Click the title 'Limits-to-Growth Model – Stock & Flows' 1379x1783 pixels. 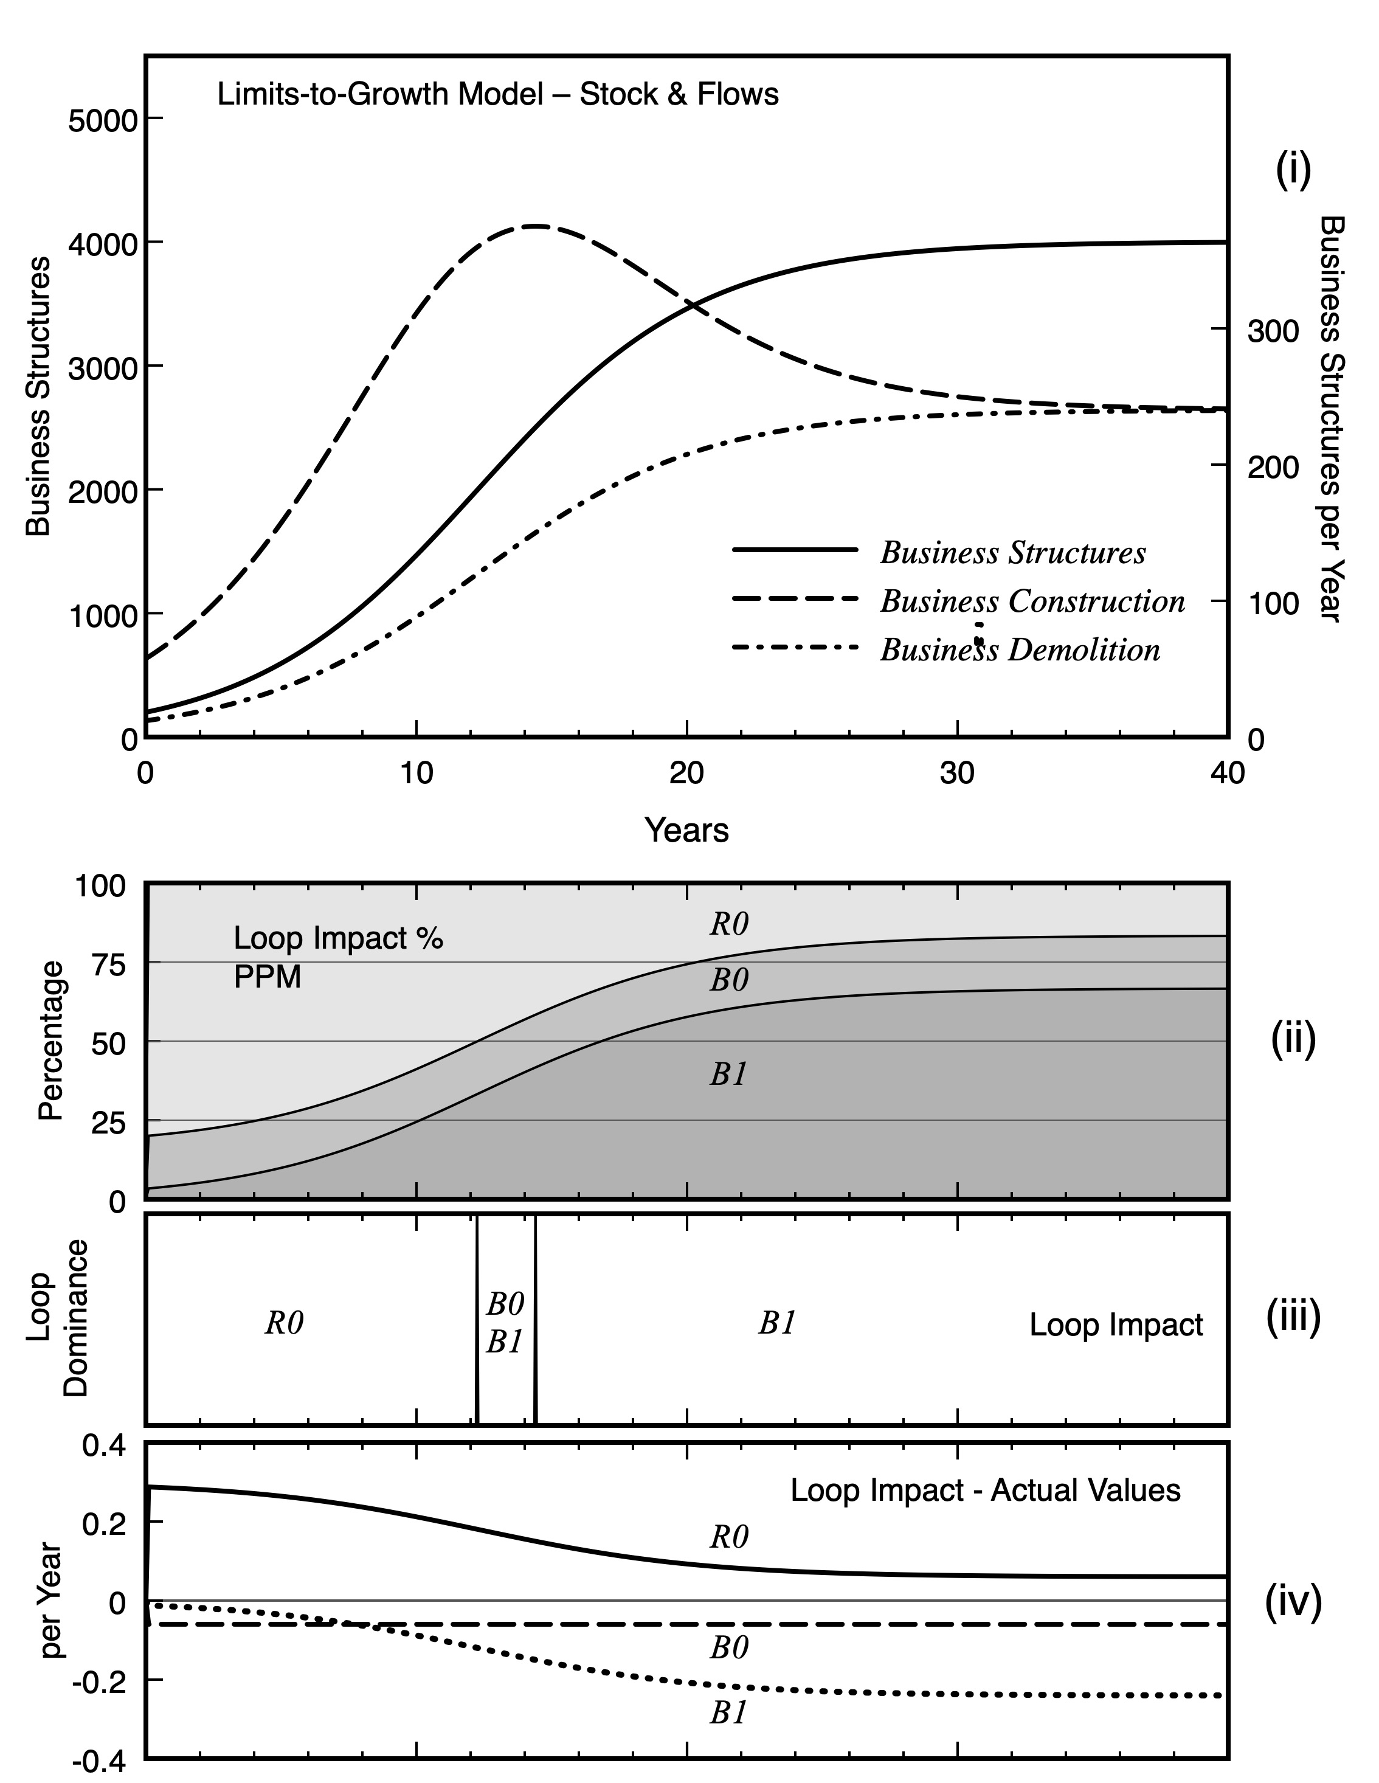pyautogui.click(x=497, y=95)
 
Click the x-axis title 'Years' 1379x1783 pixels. pyautogui.click(x=686, y=830)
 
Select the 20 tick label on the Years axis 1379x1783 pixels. pyautogui.click(x=686, y=772)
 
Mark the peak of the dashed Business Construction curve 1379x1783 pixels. pyautogui.click(x=535, y=226)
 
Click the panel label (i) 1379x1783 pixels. pyautogui.click(x=1293, y=170)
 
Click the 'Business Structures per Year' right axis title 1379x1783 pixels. pyautogui.click(x=1332, y=418)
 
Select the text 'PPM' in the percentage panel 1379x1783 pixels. pyautogui.click(x=267, y=977)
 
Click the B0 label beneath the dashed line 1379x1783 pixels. pyautogui.click(x=728, y=1625)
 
